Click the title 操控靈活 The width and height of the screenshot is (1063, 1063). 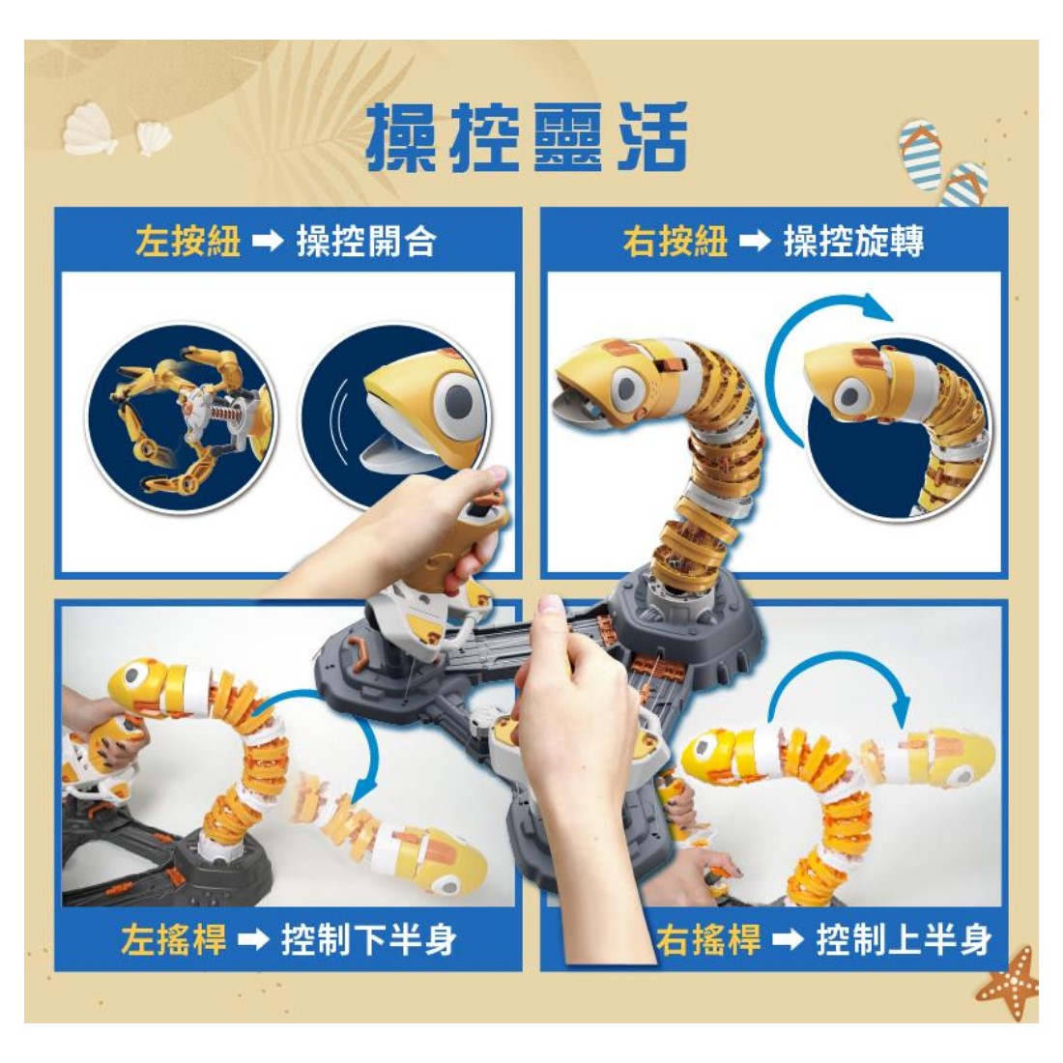point(527,137)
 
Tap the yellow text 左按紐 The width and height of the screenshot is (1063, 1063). point(187,242)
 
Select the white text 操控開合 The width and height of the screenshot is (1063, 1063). point(366,242)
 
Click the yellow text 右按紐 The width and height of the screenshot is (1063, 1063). point(675,242)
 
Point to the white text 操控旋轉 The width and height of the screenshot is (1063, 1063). point(853,242)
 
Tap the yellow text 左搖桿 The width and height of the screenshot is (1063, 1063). point(174,939)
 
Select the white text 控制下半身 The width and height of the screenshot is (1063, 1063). point(369,939)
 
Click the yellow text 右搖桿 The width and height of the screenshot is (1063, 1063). point(708,939)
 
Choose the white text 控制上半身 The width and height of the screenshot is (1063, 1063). point(904,939)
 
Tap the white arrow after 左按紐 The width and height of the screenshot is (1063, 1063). point(268,242)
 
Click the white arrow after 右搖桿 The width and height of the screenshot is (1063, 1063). point(789,940)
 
